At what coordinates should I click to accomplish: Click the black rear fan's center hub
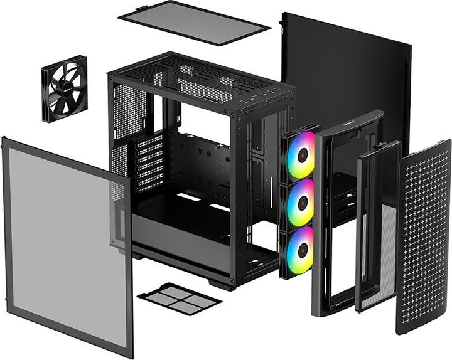coord(65,88)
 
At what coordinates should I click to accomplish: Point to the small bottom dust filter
coord(179,297)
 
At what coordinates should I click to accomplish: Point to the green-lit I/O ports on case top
coord(261,95)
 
